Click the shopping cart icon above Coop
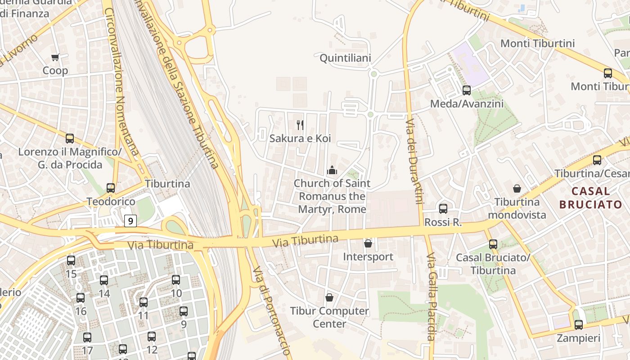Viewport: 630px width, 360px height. [x=55, y=57]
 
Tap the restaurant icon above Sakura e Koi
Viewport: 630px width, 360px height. [x=300, y=125]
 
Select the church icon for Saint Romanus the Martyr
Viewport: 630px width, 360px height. [x=332, y=170]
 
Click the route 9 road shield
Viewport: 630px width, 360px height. [x=130, y=220]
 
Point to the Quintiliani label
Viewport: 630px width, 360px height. [x=345, y=58]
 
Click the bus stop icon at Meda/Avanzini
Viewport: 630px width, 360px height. [x=467, y=90]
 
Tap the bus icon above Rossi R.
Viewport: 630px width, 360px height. [x=443, y=209]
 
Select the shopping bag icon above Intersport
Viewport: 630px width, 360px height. [x=368, y=243]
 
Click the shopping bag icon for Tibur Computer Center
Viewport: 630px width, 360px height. [x=329, y=297]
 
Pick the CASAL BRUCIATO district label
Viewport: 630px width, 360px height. [x=590, y=198]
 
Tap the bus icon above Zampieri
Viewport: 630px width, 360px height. [x=579, y=324]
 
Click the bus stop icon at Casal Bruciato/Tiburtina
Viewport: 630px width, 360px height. [x=493, y=244]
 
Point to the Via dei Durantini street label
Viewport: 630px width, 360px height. [x=414, y=162]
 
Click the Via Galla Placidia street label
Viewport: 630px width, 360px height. [x=431, y=297]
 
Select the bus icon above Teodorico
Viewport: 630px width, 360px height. [x=111, y=188]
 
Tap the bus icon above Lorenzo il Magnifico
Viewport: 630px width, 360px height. [x=70, y=139]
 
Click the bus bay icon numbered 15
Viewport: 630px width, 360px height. [x=71, y=261]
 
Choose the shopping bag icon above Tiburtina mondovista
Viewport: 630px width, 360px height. [x=517, y=189]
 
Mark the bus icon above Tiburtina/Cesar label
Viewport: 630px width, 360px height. [x=597, y=160]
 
